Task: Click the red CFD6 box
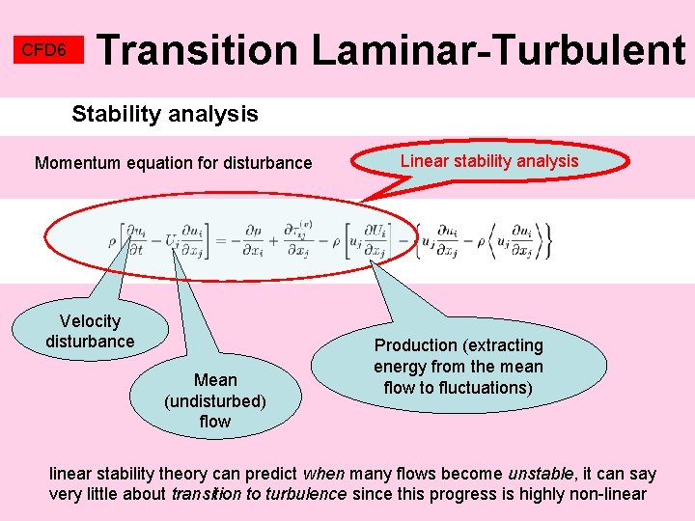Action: [x=44, y=50]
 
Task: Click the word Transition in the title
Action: [x=199, y=50]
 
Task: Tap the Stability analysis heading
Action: [x=165, y=114]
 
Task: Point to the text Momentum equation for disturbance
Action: [x=174, y=163]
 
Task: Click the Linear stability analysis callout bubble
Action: [x=489, y=161]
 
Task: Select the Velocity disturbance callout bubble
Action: [x=90, y=331]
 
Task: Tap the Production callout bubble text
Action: [x=459, y=366]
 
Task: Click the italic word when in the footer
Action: [x=322, y=474]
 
